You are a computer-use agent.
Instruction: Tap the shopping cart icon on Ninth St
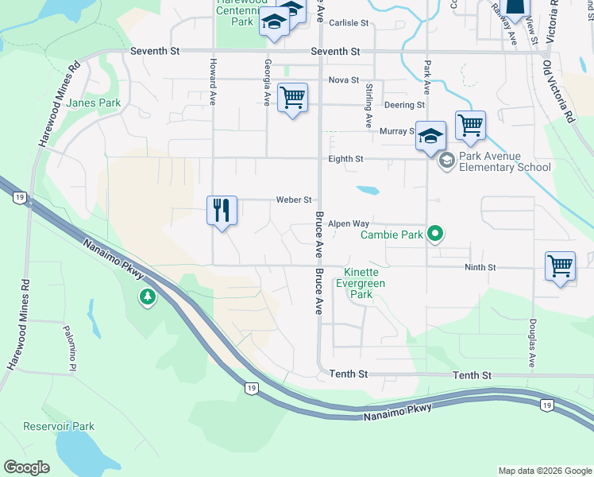coord(560,266)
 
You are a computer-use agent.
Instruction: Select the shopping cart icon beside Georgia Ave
coord(292,99)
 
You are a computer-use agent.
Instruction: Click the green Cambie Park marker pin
coord(434,234)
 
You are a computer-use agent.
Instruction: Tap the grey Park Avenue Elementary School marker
coord(446,161)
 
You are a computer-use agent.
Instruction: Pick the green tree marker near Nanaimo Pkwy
coord(146,297)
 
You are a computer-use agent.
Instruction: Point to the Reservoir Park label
coord(59,426)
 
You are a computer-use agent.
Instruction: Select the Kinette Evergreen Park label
coord(361,284)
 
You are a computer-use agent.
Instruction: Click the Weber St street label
coord(293,200)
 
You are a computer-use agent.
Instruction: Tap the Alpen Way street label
coord(349,224)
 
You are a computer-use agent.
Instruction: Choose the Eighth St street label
coord(346,159)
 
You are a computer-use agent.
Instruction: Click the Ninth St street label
coord(480,268)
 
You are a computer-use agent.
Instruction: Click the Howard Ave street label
coord(213,82)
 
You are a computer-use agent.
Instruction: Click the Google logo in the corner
coord(27,467)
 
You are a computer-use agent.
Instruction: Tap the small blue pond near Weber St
coord(368,191)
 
